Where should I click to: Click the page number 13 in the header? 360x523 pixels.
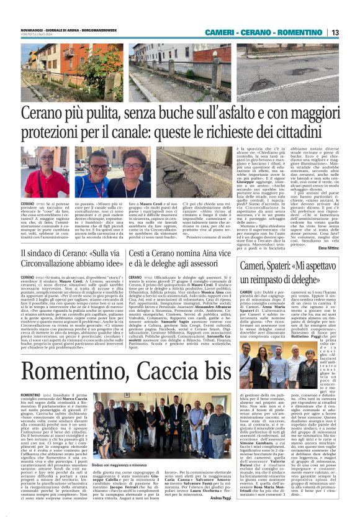pos(335,32)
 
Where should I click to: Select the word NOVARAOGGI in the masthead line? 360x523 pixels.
pos(31,29)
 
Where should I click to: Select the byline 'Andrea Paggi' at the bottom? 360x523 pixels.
pos(220,516)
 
